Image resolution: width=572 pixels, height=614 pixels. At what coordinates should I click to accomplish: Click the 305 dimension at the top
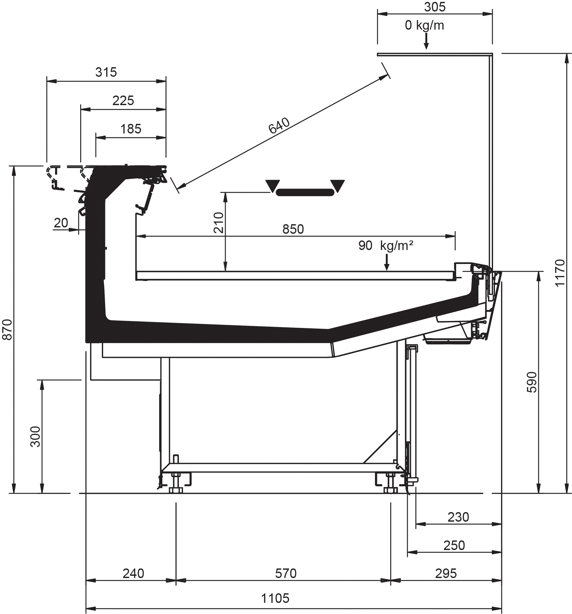435,7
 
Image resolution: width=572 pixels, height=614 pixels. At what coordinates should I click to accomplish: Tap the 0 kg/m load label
424,25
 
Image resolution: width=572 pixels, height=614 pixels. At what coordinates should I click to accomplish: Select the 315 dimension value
106,72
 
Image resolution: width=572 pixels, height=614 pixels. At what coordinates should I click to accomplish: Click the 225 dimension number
123,101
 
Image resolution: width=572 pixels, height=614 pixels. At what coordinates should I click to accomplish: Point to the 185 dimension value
131,129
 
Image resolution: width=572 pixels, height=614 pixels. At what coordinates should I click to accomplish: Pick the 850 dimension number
293,229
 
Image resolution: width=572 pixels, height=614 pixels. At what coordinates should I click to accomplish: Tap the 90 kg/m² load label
386,246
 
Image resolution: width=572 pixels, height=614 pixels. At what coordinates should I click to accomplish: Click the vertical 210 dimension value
219,223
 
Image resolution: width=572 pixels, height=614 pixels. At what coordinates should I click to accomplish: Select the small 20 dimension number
61,223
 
